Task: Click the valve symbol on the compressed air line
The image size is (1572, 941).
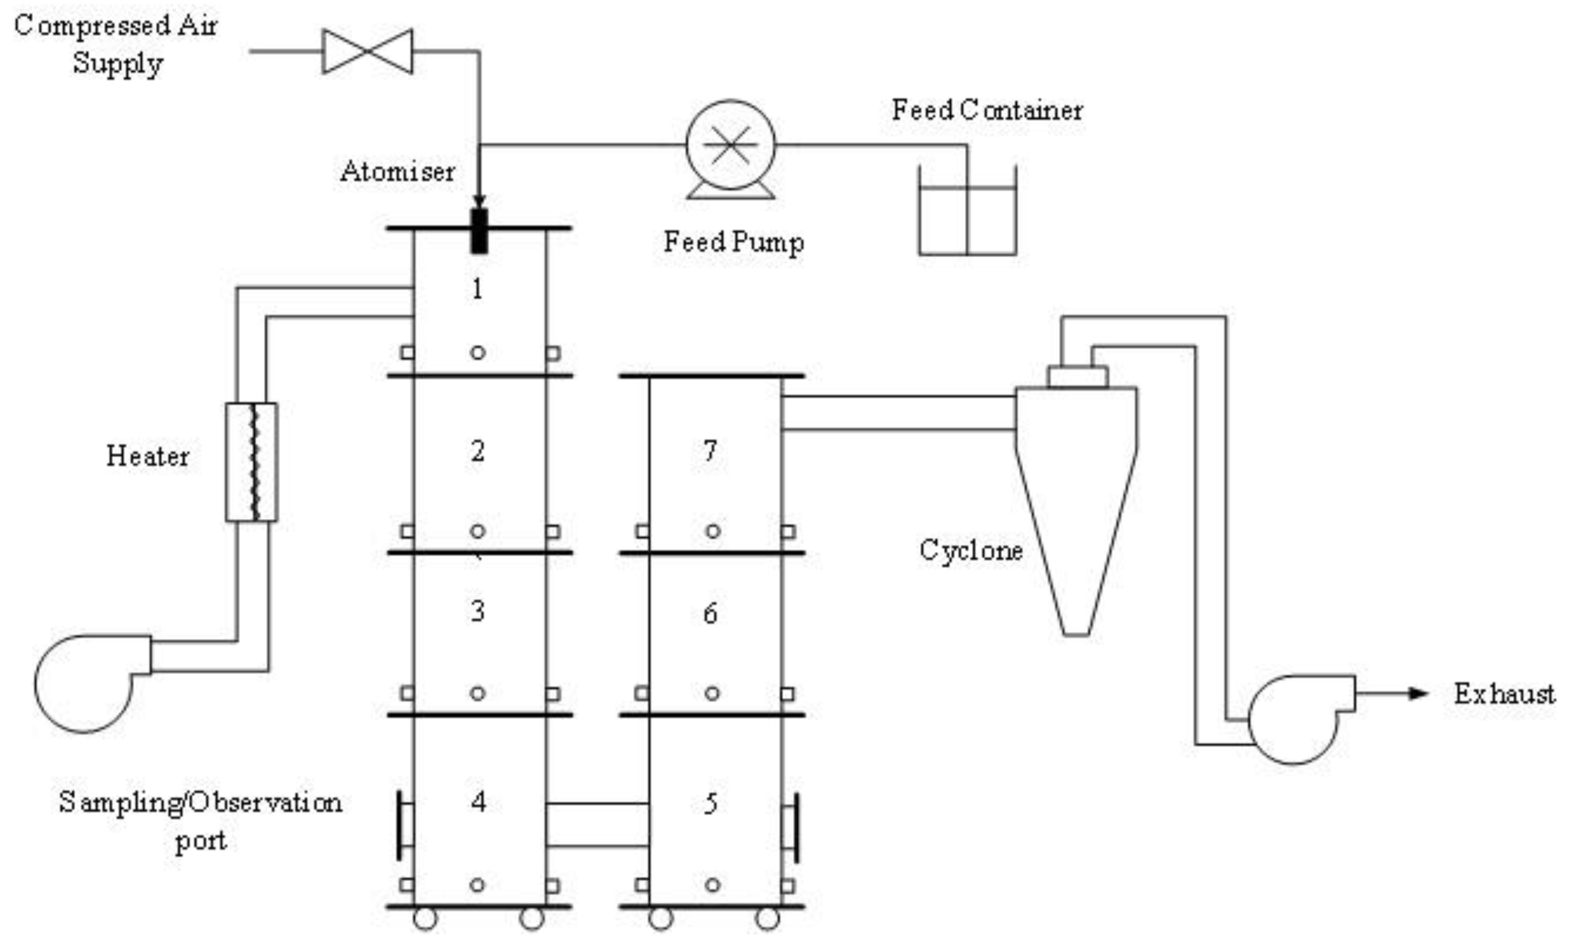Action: click(367, 51)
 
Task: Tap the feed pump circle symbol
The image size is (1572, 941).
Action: click(730, 145)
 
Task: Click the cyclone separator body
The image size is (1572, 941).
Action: click(1075, 482)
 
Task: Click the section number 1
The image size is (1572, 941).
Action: click(477, 289)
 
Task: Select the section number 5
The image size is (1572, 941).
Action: click(711, 804)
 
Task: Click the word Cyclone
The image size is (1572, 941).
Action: click(970, 550)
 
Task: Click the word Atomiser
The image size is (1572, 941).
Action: click(397, 172)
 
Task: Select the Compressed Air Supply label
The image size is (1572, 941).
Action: click(116, 44)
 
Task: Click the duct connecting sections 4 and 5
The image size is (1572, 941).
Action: click(597, 825)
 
